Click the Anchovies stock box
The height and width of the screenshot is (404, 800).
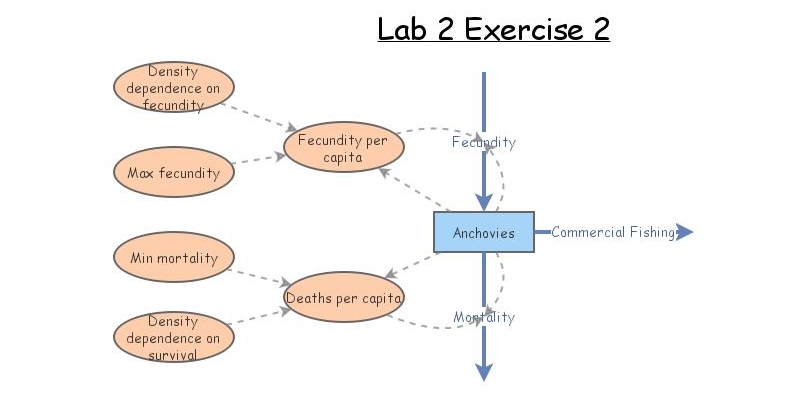pyautogui.click(x=483, y=232)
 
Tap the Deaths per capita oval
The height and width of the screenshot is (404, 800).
pyautogui.click(x=344, y=297)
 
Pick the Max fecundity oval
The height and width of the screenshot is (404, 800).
pyautogui.click(x=174, y=172)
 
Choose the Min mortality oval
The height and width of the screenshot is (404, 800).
pyautogui.click(x=174, y=258)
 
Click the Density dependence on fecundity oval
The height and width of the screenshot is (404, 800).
pyautogui.click(x=174, y=87)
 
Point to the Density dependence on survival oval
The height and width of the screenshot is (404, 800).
pyautogui.click(x=174, y=337)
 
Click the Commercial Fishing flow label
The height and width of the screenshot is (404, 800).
pyautogui.click(x=613, y=232)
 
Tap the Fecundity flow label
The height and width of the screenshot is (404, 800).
pyautogui.click(x=484, y=142)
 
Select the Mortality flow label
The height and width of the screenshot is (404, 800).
pyautogui.click(x=484, y=317)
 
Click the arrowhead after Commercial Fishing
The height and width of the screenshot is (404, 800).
pyautogui.click(x=684, y=232)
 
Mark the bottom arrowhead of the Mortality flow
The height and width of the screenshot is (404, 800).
pyautogui.click(x=484, y=372)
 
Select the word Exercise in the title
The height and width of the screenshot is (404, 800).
pyautogui.click(x=510, y=29)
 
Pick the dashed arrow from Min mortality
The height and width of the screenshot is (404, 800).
pyautogui.click(x=258, y=274)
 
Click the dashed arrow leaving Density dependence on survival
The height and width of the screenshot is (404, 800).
pyautogui.click(x=258, y=317)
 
